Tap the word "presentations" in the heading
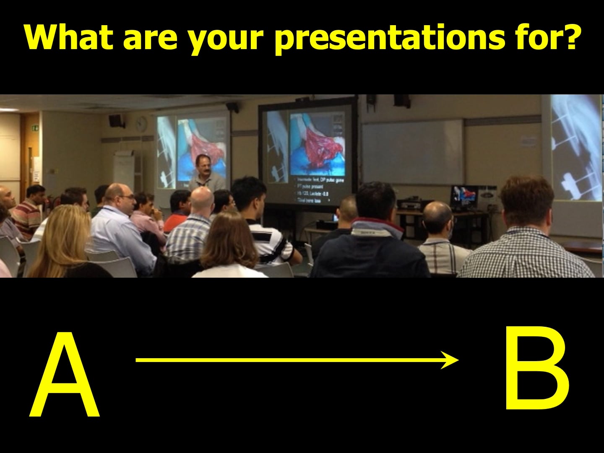pyautogui.click(x=390, y=37)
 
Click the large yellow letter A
pyautogui.click(x=65, y=375)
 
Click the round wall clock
pyautogui.click(x=142, y=123)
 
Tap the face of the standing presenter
pyautogui.click(x=203, y=165)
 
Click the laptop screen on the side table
pyautogui.click(x=463, y=198)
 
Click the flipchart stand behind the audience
pyautogui.click(x=124, y=168)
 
